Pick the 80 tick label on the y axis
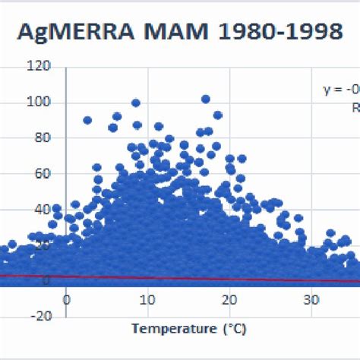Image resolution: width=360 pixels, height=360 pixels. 43,138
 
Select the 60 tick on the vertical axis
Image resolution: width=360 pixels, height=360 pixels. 43,174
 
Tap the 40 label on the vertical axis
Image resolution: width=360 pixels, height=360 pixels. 43,210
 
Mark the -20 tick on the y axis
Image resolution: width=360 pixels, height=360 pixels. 40,316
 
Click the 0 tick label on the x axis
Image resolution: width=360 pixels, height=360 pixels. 66,299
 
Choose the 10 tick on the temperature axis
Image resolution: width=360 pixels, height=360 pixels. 148,299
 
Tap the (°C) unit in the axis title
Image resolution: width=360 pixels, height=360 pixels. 233,329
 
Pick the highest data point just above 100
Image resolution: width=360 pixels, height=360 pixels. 205,99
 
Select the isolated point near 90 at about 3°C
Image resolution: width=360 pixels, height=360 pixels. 87,120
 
